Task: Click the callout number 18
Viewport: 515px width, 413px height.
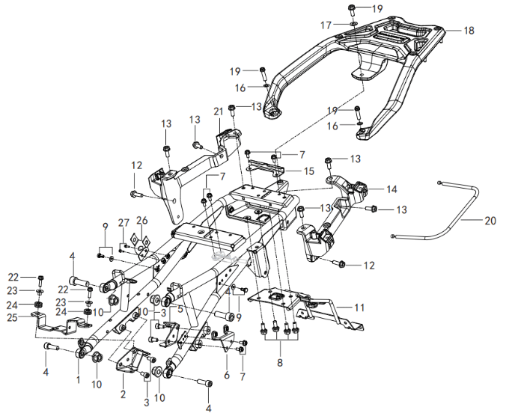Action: [469, 31]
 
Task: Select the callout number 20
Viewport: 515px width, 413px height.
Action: [490, 221]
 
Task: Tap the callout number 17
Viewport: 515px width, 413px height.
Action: [326, 25]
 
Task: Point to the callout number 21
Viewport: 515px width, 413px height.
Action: [219, 111]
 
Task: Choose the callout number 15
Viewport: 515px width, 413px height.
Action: [308, 171]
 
